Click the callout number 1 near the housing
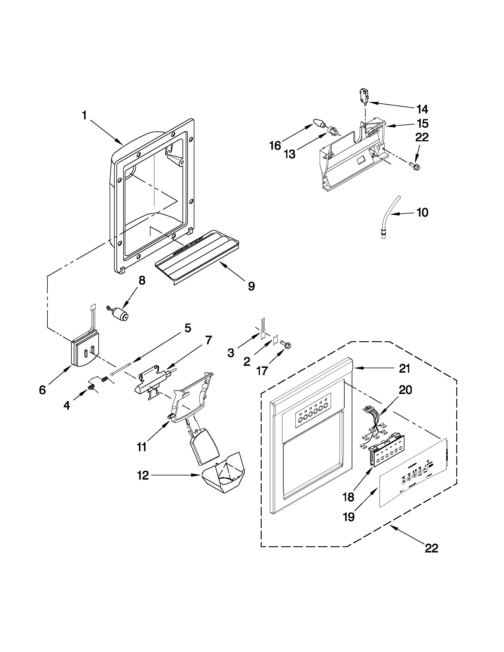point(84,115)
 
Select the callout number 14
point(422,110)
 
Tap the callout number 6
point(42,390)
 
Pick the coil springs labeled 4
point(99,384)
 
